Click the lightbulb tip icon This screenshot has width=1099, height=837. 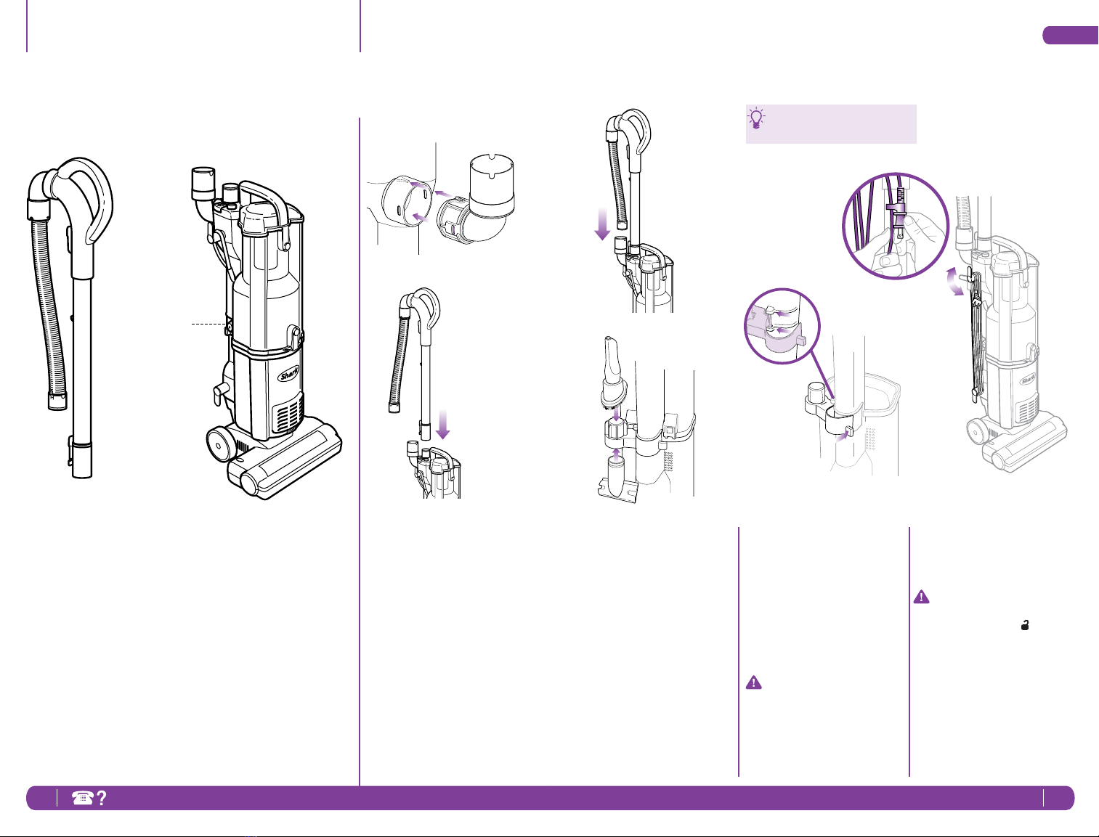point(756,118)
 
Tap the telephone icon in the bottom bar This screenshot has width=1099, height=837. point(83,798)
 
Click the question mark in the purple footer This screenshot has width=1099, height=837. point(101,798)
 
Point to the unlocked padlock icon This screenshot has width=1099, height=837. point(1025,625)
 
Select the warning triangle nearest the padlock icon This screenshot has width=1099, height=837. point(921,597)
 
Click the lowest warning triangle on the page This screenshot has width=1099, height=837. point(753,682)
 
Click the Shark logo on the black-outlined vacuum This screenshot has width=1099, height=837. point(289,374)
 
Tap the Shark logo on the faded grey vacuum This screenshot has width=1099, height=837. point(1027,380)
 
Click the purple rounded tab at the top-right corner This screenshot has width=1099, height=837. point(1071,35)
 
